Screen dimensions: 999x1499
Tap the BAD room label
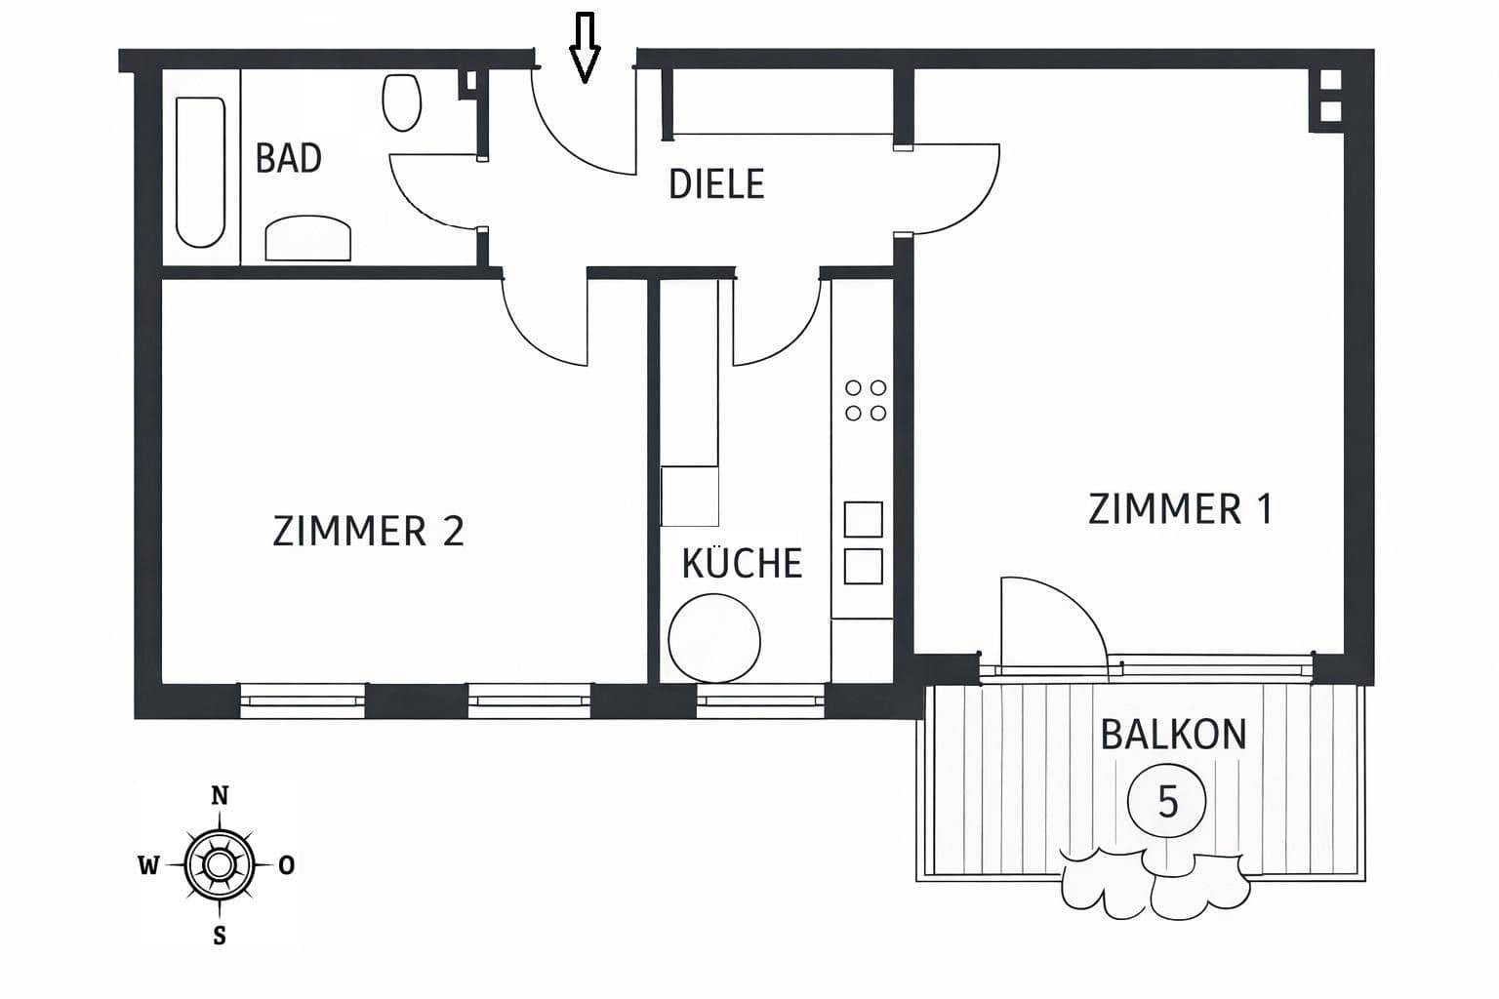289,158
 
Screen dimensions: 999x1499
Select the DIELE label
715,184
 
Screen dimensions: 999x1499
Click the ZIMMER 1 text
1180,509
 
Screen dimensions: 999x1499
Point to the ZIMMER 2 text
368,532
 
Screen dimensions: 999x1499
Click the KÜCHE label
742,564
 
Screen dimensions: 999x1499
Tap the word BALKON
1173,735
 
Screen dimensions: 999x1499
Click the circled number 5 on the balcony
1167,801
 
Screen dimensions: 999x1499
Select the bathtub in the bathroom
200,172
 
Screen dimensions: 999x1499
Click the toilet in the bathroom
402,102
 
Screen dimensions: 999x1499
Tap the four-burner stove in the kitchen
866,400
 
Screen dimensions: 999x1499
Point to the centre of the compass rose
220,864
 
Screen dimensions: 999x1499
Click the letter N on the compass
220,796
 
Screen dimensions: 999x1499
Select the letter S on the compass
220,936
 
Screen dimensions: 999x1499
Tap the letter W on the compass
148,865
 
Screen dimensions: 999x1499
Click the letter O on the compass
287,865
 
